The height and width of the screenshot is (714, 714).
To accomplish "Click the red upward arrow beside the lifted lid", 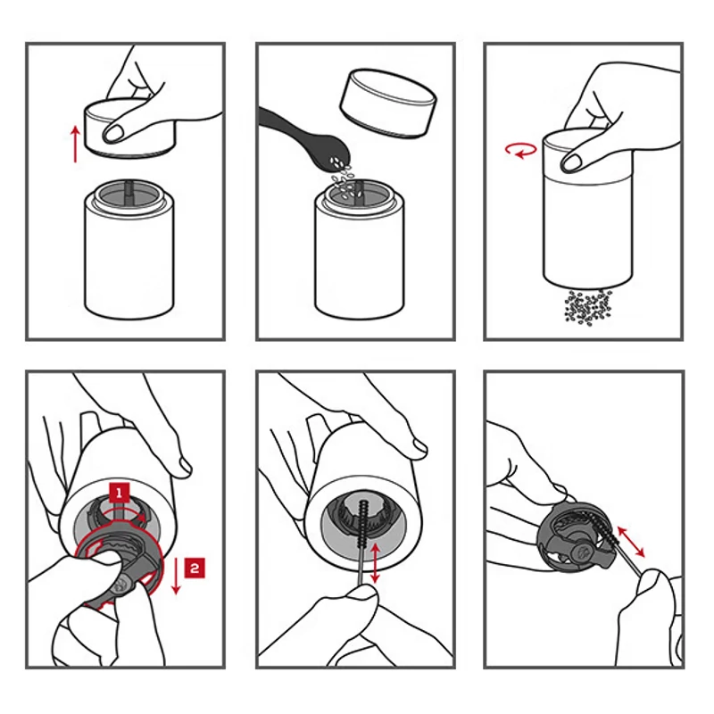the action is (x=76, y=144).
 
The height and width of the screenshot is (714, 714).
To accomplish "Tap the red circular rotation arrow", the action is (x=520, y=150).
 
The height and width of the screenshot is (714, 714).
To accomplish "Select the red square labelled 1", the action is (x=120, y=494).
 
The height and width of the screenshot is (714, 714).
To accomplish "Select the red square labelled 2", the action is (x=195, y=568).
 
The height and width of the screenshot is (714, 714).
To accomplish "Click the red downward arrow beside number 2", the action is (x=176, y=576).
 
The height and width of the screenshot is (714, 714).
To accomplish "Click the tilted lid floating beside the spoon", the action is (x=388, y=103).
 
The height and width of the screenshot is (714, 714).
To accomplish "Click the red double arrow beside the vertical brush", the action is (x=375, y=563).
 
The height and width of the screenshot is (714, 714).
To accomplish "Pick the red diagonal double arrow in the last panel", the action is (x=631, y=542).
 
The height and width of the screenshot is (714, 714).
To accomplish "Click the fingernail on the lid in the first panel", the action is (x=113, y=133).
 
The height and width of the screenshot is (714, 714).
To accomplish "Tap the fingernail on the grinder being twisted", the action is (x=572, y=162).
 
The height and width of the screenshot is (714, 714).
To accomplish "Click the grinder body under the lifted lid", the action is (x=129, y=250).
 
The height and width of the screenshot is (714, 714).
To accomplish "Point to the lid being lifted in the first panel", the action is (x=130, y=129).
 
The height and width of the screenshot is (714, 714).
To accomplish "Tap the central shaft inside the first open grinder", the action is (x=129, y=192).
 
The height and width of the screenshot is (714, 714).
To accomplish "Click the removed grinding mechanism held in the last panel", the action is (x=575, y=538).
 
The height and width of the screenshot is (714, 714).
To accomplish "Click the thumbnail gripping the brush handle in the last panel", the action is (x=648, y=581).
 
